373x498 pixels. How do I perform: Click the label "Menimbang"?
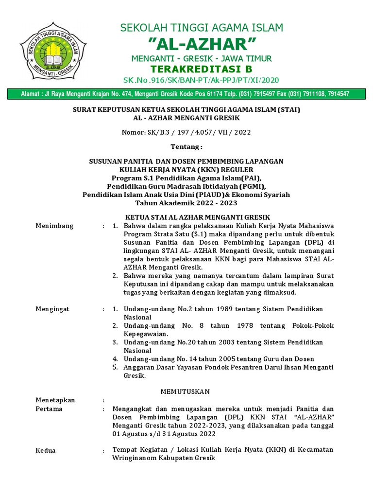click(x=55, y=226)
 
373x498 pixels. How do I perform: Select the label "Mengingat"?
click(x=53, y=309)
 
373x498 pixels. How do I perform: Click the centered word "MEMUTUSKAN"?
click(x=185, y=391)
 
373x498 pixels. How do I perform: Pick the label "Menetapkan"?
click(x=55, y=400)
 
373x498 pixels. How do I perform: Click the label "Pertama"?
click(x=49, y=409)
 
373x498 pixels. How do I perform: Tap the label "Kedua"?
click(x=46, y=450)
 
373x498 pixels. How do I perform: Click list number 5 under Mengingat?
click(x=115, y=367)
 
